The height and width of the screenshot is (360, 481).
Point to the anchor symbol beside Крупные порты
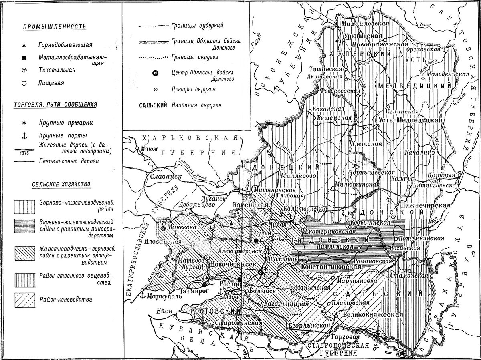click(24, 136)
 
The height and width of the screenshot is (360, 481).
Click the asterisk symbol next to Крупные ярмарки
click(24, 121)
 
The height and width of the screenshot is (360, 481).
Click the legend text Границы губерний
click(197, 26)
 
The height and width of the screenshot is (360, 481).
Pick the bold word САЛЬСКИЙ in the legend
click(154, 105)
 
